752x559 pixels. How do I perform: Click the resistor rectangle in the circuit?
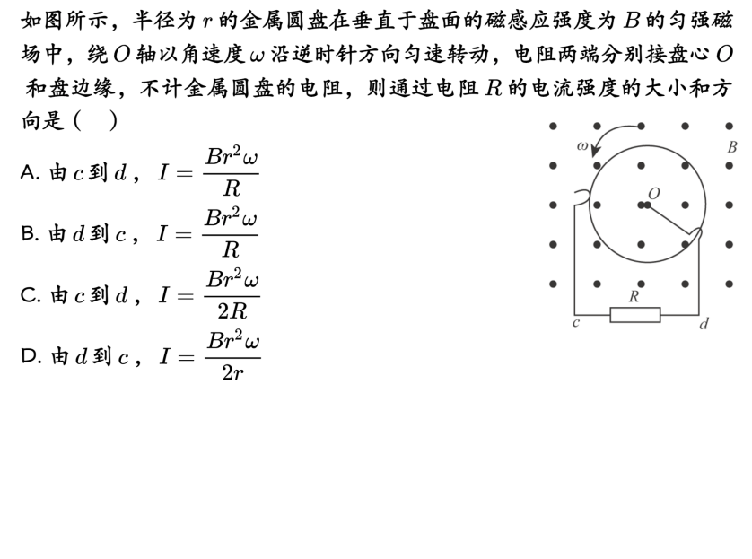(634, 314)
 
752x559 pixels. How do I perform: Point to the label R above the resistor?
(634, 297)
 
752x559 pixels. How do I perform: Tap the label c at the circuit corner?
(575, 322)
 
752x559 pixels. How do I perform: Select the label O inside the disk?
(653, 193)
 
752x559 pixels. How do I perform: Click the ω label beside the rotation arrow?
(582, 146)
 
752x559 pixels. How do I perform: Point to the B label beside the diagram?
(731, 147)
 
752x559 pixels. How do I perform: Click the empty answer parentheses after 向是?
(96, 120)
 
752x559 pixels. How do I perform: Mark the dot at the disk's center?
(643, 205)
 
